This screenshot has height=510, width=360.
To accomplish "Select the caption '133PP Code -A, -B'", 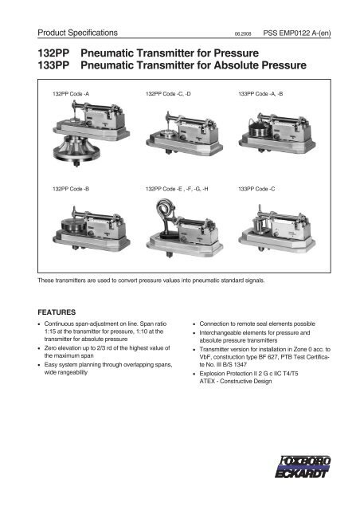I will [x=264, y=94].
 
